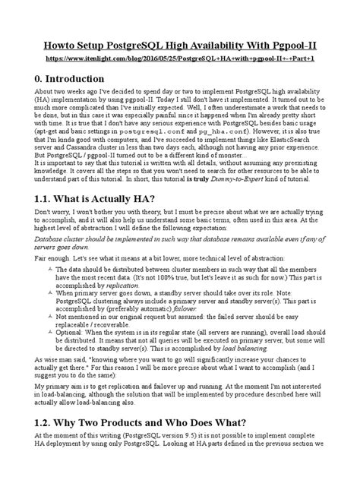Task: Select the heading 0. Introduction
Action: (67, 80)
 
